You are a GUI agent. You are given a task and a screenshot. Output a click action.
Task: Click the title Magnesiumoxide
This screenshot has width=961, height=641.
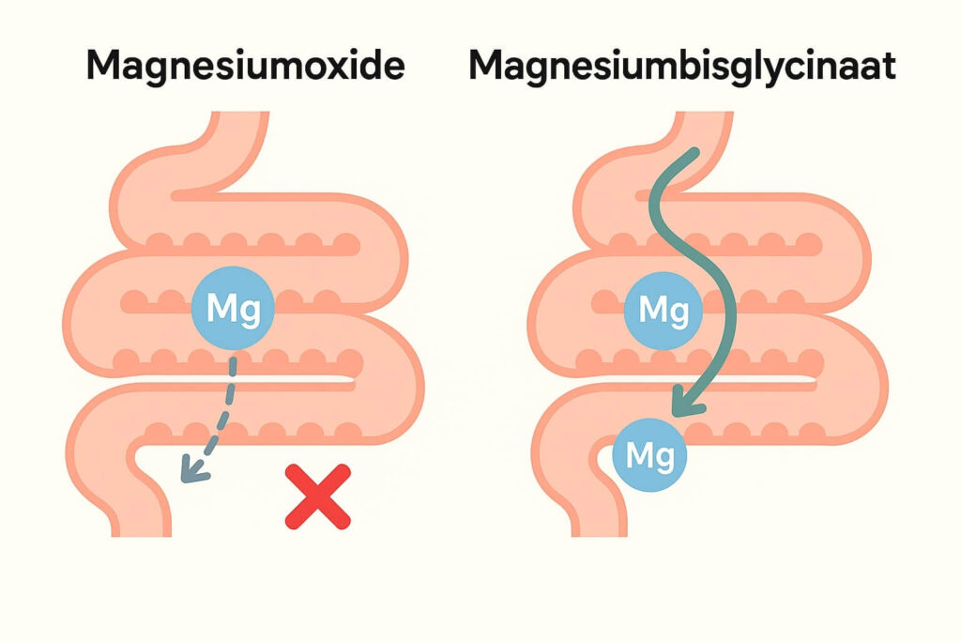coord(246,67)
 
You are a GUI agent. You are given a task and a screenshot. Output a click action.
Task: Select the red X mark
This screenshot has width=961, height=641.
coord(317,497)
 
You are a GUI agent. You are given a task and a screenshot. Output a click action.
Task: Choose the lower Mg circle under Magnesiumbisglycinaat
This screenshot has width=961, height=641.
coord(650,457)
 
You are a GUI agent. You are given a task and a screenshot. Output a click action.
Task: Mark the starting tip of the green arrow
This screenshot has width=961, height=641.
coord(693,153)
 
